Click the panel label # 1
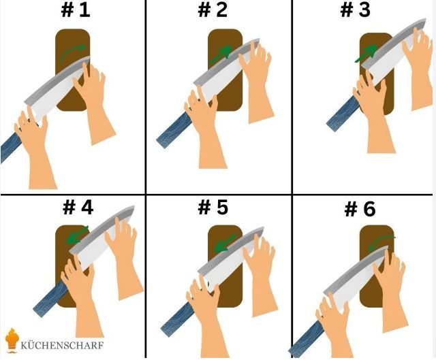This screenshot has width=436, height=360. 76,10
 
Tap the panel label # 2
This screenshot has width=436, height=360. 213,10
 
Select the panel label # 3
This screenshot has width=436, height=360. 356,10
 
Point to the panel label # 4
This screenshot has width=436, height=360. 78,208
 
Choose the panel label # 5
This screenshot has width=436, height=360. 213,208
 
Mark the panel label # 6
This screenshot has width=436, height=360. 360,209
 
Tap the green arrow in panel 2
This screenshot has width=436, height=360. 221,54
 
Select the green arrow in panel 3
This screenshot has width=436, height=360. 366,54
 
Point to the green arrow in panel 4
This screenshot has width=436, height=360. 77,235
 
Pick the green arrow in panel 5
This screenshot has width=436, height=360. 225,244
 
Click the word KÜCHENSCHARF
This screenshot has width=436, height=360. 62,346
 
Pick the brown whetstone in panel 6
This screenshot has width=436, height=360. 377,266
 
